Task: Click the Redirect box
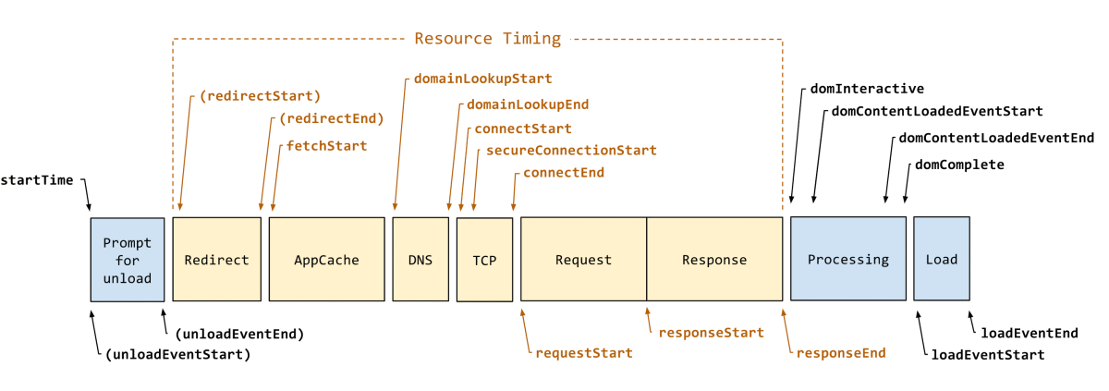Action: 217,259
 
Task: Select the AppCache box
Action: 327,259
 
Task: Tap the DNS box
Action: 420,259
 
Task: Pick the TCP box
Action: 484,260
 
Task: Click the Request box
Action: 584,259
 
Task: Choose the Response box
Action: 714,259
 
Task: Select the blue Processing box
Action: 848,259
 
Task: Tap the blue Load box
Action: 942,259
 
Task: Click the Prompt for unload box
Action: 128,260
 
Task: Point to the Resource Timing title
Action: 488,39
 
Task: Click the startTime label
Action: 37,180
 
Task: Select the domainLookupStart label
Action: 482,79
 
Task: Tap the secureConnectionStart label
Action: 571,151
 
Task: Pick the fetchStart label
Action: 327,146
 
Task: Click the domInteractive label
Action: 867,89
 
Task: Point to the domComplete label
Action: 959,165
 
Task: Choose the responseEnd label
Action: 841,353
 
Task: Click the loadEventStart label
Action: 988,355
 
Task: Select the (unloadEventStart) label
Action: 178,355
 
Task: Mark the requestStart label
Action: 584,353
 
